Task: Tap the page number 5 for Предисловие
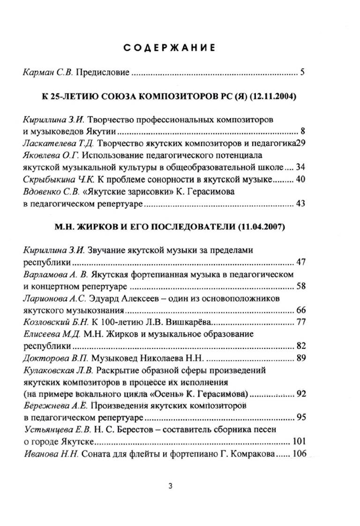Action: (303, 73)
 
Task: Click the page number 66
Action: (301, 310)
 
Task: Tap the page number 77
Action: (301, 322)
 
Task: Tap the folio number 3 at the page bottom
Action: (170, 486)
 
